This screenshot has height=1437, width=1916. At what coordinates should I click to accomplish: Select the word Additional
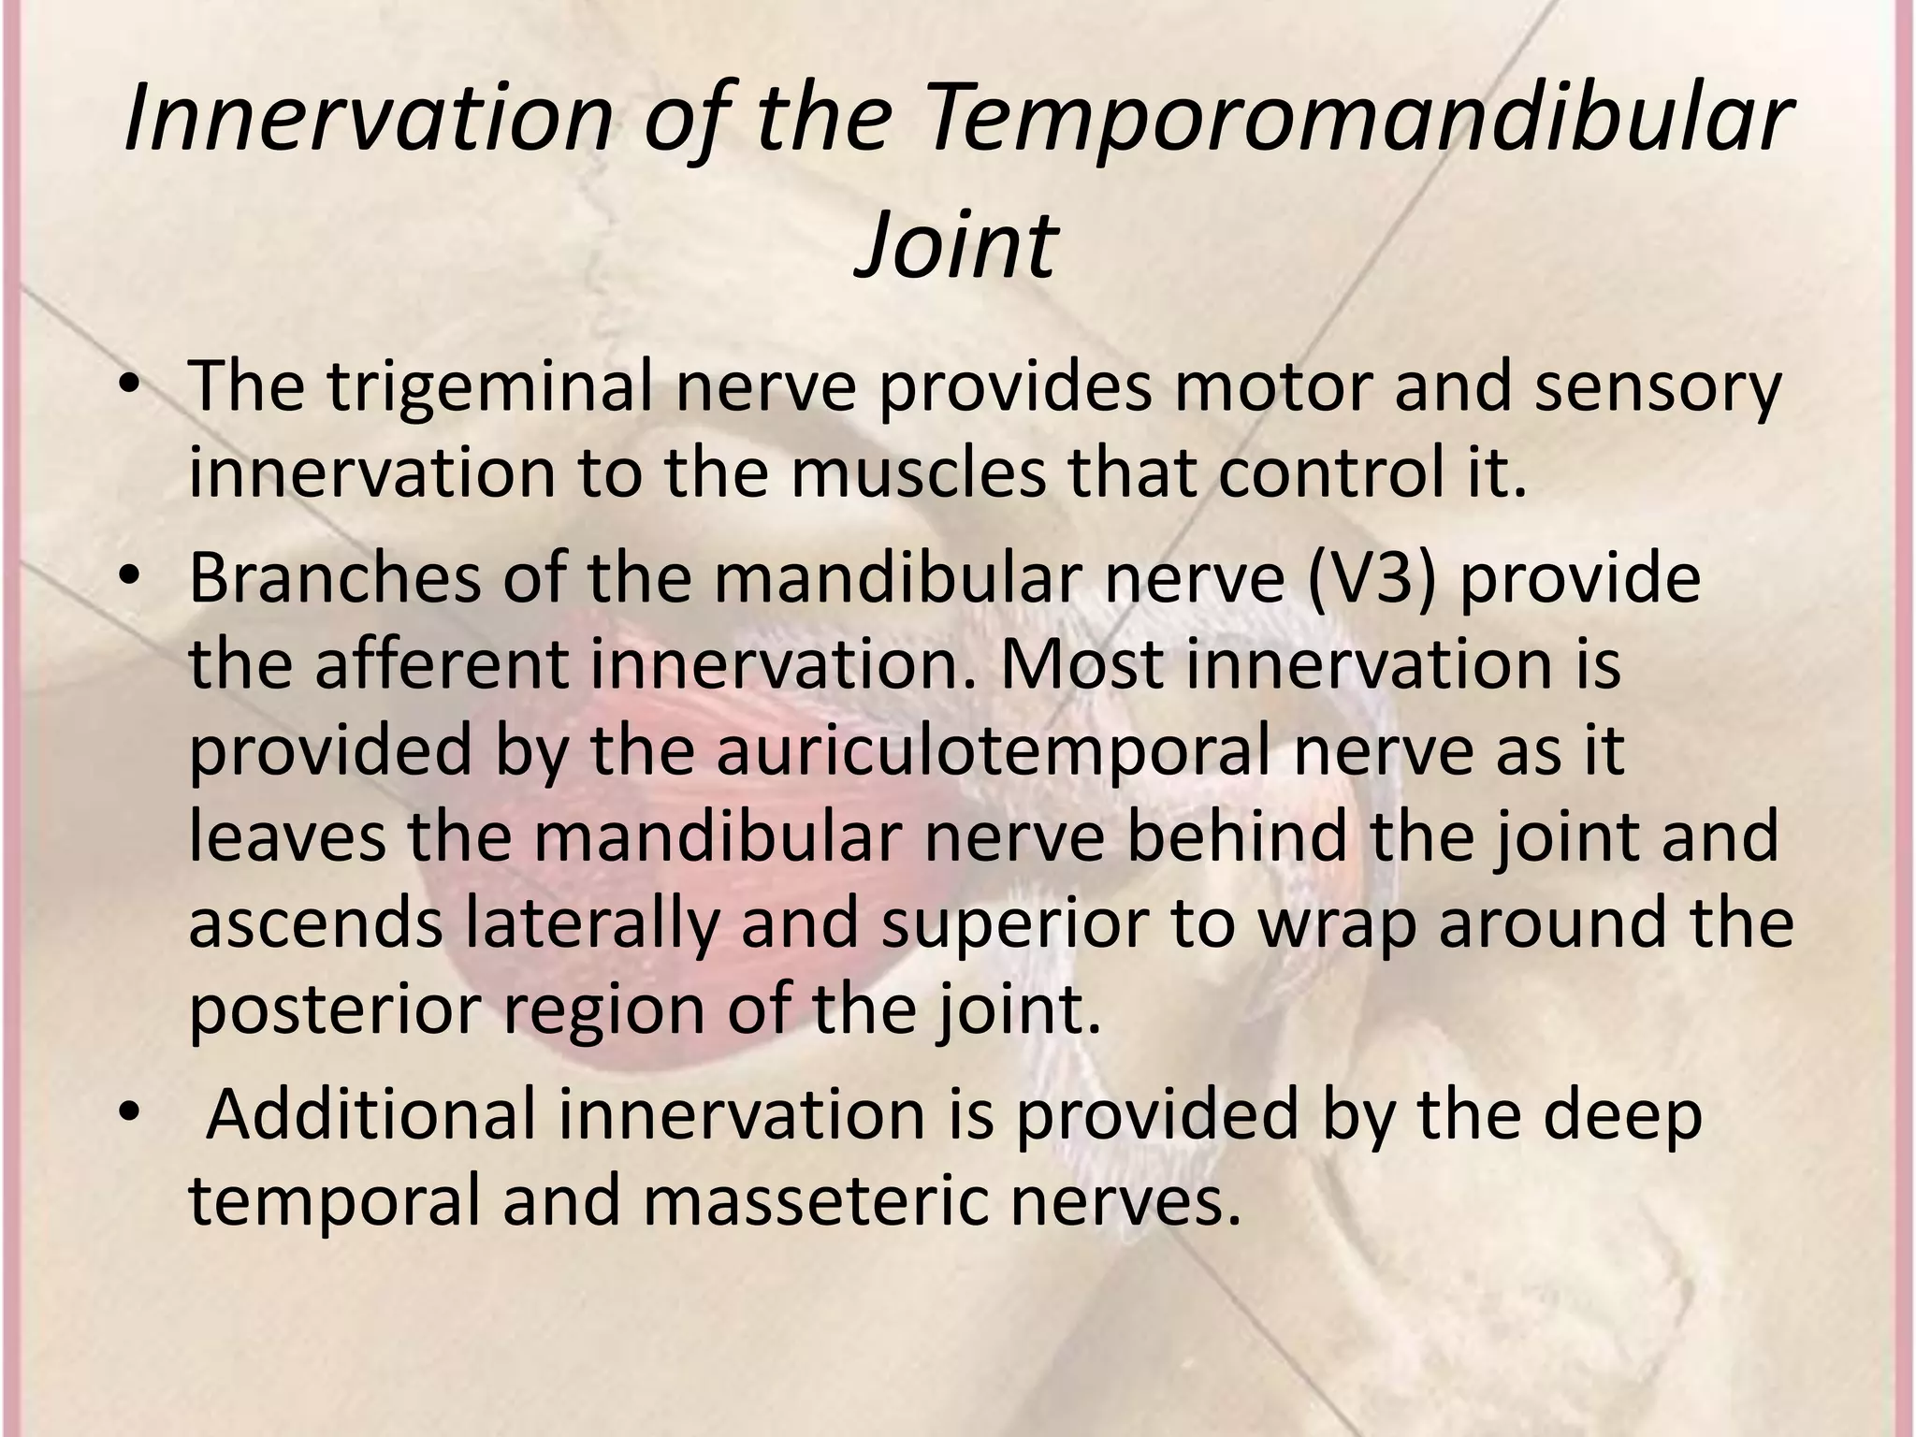(370, 1115)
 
